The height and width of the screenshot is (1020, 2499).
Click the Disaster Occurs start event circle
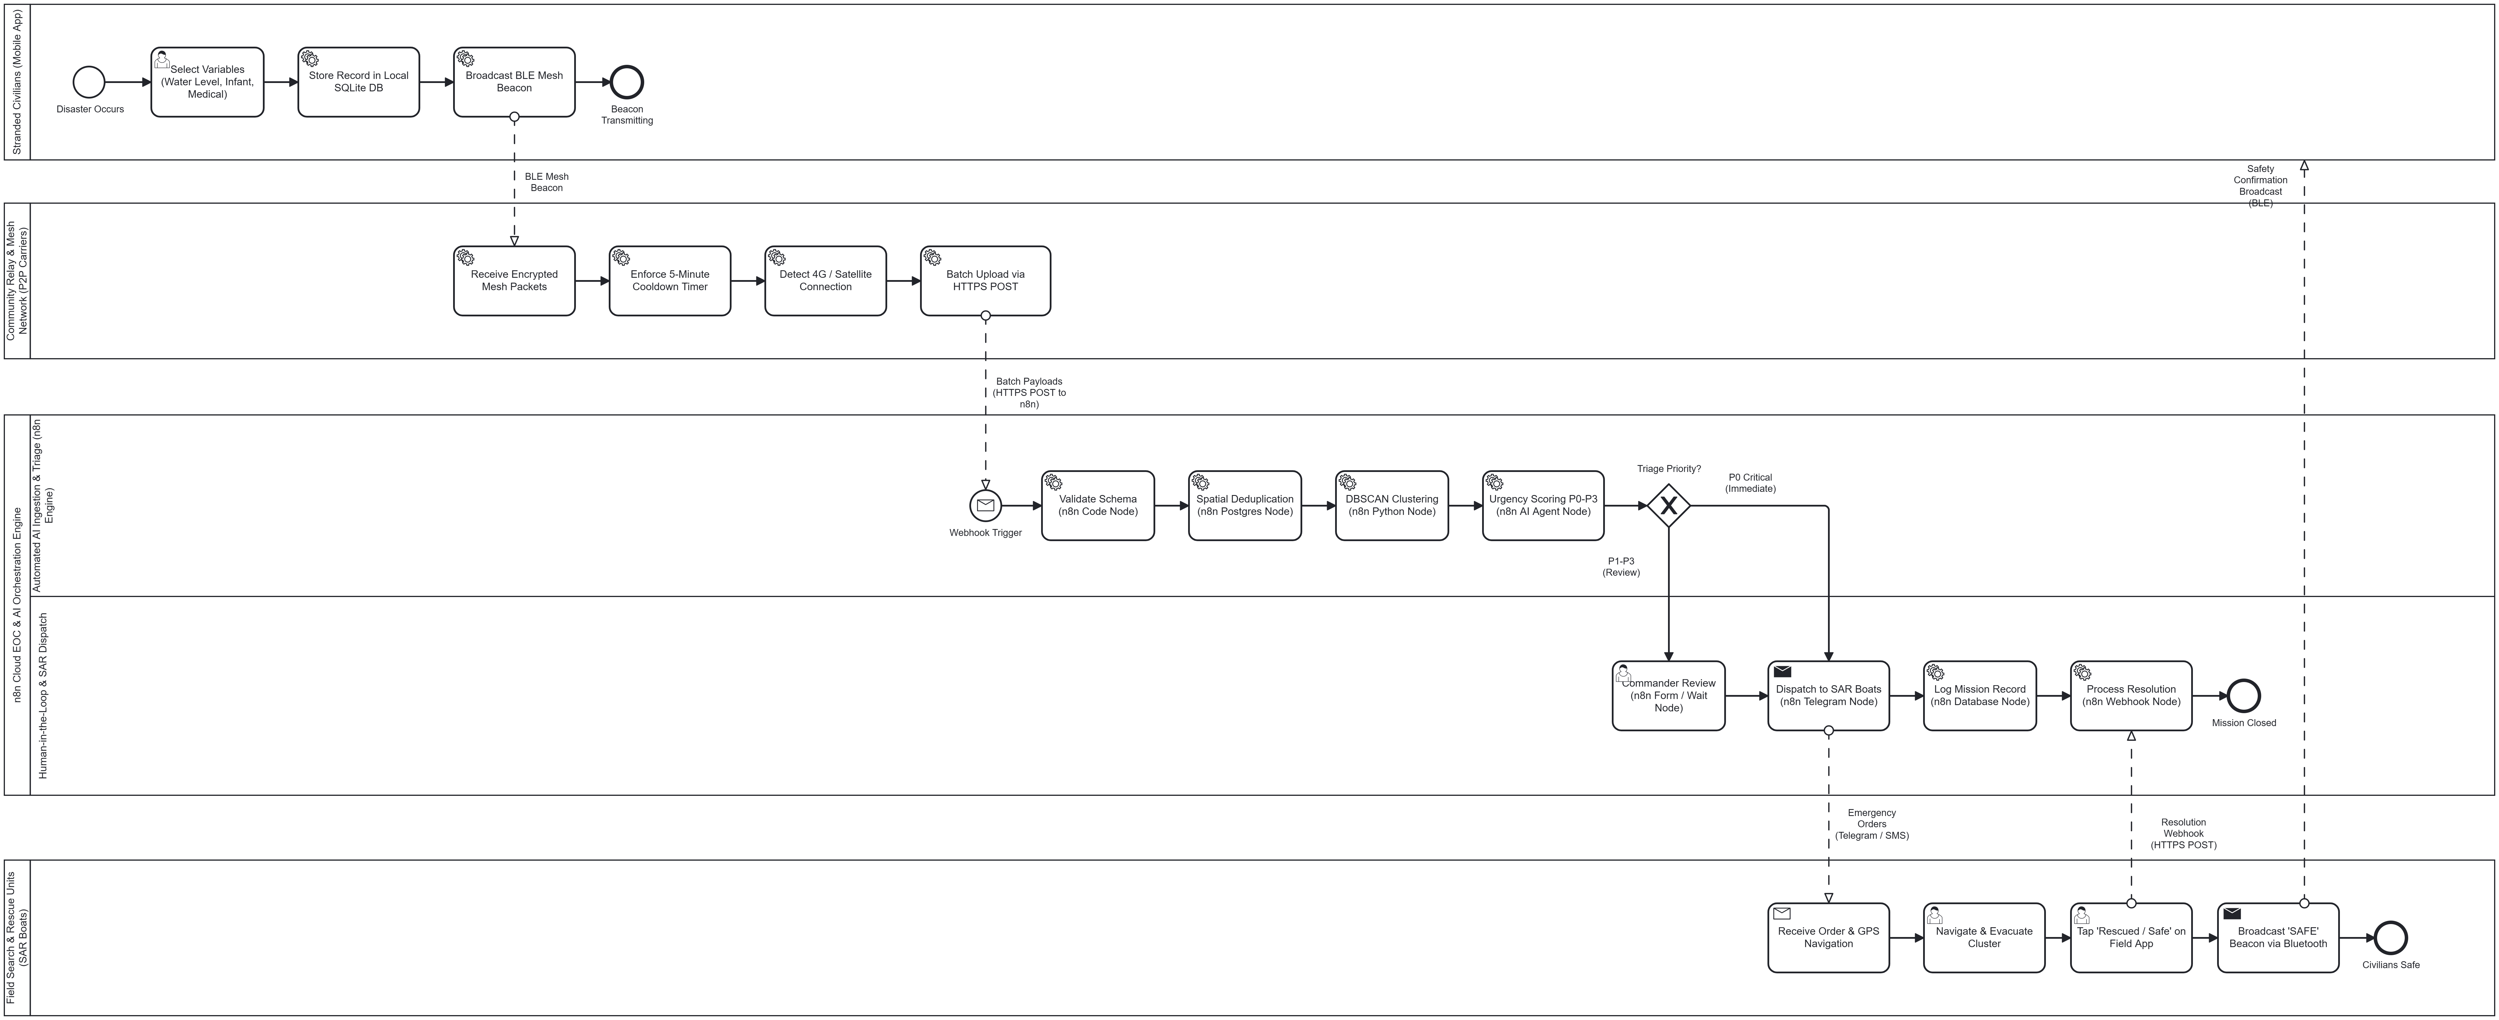88,82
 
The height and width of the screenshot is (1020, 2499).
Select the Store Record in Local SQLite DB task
359,82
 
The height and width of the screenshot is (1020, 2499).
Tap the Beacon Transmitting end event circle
627,82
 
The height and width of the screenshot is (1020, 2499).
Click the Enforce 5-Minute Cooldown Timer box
669,281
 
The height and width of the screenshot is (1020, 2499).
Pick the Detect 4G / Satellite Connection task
826,281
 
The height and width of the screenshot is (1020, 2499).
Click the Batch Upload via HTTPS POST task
986,281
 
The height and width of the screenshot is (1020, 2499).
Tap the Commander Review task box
1669,696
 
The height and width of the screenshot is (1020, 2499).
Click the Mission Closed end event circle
2244,696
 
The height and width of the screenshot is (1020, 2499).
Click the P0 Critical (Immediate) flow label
1750,483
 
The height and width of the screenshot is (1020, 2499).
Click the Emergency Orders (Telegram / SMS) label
1871,824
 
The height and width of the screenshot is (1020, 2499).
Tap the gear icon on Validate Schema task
1053,482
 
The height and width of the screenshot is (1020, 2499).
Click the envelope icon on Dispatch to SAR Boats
1782,671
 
